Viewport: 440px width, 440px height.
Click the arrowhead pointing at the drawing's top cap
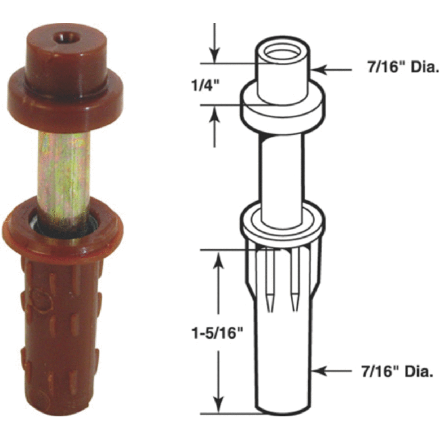(319, 68)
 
